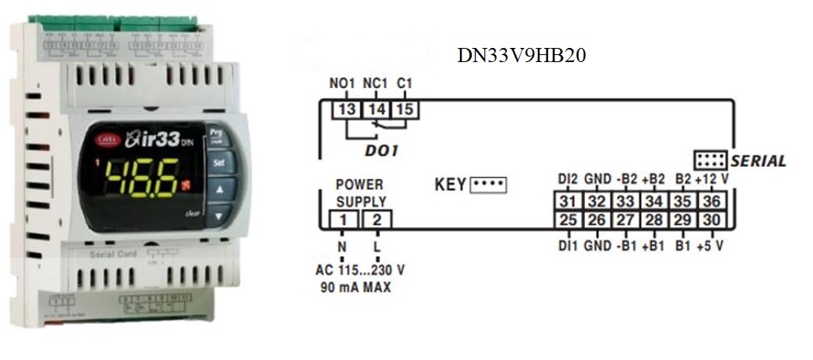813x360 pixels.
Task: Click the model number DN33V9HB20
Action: (522, 57)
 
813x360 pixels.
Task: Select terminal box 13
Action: (347, 109)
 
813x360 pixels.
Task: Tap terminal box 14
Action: (377, 109)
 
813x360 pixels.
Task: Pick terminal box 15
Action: (405, 109)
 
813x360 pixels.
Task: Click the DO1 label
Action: (381, 149)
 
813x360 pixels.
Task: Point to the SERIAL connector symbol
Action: (710, 160)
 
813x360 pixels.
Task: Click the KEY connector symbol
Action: (488, 186)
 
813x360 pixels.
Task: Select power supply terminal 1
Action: (343, 220)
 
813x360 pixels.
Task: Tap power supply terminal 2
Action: (377, 220)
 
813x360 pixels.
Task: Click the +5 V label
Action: (710, 245)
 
